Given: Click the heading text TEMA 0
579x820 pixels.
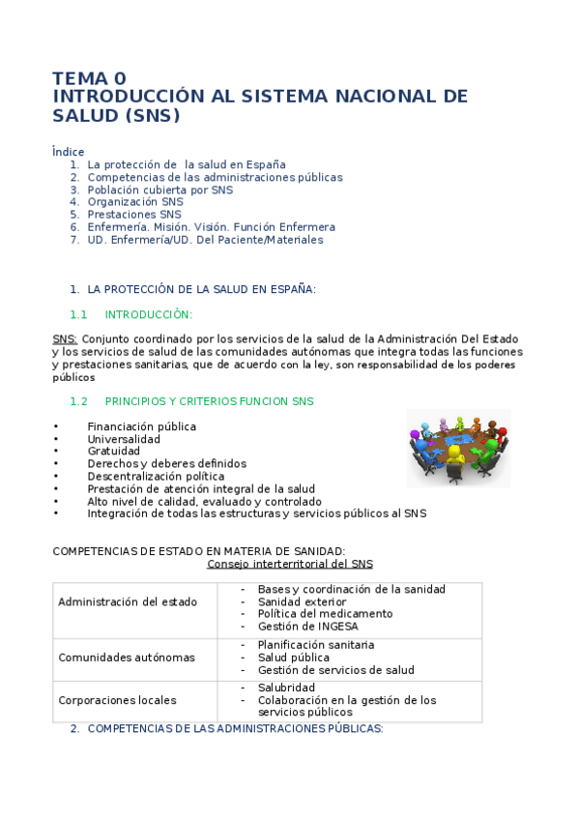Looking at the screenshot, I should pyautogui.click(x=89, y=78).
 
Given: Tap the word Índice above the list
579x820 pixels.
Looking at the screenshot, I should pyautogui.click(x=68, y=152).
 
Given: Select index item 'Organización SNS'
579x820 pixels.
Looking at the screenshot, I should pyautogui.click(x=134, y=202).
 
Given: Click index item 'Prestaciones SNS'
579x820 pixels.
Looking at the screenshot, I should pyautogui.click(x=134, y=215).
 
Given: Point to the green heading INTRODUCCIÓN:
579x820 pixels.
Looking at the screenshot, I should pyautogui.click(x=149, y=314).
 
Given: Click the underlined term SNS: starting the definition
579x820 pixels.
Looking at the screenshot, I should pyautogui.click(x=65, y=339).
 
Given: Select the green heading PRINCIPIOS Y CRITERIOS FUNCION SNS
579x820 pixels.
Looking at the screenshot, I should pyautogui.click(x=209, y=401).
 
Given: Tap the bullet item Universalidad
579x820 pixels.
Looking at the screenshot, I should pyautogui.click(x=124, y=439).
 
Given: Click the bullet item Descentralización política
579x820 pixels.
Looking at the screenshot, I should pyautogui.click(x=156, y=477).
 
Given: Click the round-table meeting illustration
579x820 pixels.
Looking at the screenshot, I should pyautogui.click(x=458, y=447).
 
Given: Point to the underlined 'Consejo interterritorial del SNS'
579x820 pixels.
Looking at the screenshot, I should pyautogui.click(x=290, y=564).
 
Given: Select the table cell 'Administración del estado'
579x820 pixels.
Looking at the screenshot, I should pyautogui.click(x=128, y=601).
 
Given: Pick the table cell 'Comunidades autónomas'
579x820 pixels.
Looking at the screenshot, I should pyautogui.click(x=127, y=658).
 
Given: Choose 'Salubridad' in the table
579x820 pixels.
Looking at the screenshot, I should pyautogui.click(x=286, y=688).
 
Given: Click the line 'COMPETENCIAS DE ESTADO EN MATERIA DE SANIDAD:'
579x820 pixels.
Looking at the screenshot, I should pyautogui.click(x=198, y=551).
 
